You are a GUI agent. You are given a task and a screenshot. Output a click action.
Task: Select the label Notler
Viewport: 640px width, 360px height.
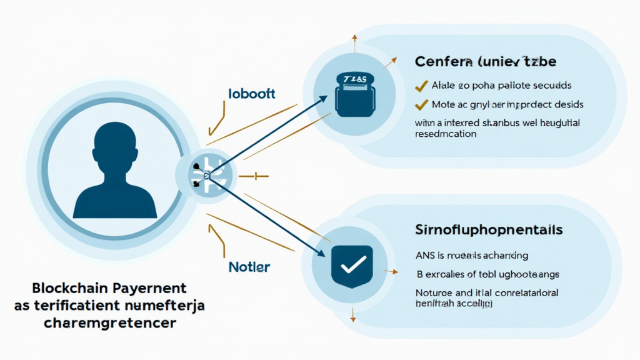pos(249,267)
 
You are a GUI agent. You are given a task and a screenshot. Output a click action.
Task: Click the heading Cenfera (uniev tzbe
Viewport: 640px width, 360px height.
pos(485,62)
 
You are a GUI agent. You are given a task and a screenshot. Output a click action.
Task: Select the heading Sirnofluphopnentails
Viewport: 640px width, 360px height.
pos(489,230)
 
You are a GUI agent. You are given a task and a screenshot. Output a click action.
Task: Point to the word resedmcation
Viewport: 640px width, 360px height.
pos(446,134)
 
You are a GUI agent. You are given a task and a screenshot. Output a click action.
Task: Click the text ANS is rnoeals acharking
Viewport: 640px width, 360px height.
pos(472,255)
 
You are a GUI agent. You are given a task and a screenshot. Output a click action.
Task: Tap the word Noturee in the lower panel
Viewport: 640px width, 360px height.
pos(433,292)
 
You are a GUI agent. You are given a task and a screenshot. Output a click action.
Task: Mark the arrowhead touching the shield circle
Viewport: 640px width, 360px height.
pos(321,253)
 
